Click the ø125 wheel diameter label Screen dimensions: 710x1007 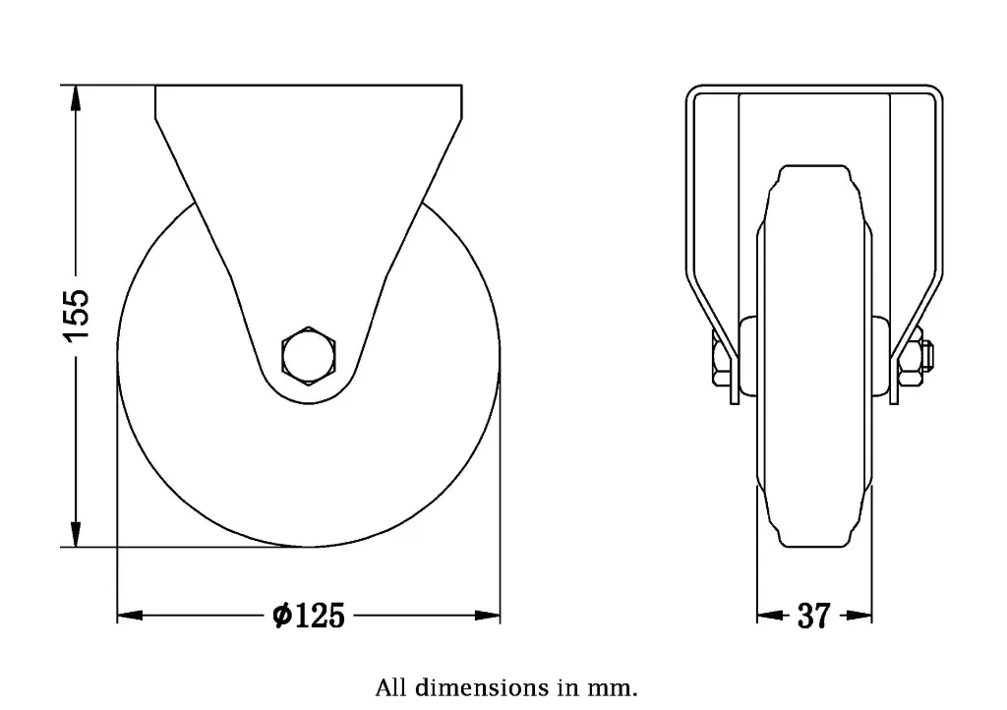click(309, 617)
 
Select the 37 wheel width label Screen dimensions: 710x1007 click(813, 617)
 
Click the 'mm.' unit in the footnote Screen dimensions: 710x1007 click(617, 685)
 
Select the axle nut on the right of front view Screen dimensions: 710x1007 click(911, 356)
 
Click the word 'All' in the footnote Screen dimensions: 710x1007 click(389, 685)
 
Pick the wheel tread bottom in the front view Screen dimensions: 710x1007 click(813, 543)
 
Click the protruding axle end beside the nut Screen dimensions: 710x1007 click(929, 355)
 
